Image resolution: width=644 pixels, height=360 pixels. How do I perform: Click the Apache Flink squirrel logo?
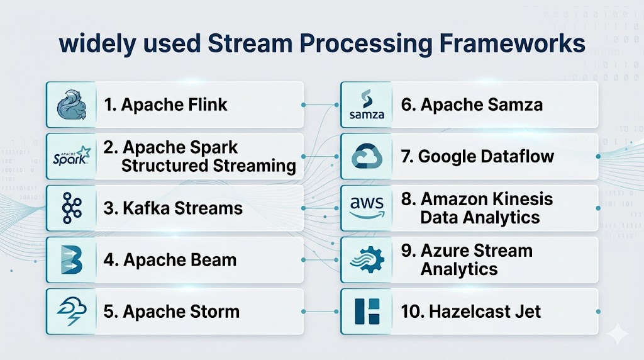pos(70,104)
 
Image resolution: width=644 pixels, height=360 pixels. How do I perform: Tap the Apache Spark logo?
pos(72,157)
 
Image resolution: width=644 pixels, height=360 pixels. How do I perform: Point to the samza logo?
pos(366,104)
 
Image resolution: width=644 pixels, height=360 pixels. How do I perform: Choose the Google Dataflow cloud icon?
pos(366,156)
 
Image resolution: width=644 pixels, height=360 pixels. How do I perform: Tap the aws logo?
pos(366,208)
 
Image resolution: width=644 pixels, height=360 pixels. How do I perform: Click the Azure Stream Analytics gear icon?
pos(366,260)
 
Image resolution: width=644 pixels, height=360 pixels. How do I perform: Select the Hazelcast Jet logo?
pos(366,311)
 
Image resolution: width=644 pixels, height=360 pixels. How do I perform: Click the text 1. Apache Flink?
pos(165,104)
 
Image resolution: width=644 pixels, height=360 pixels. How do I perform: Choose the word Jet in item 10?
pos(526,311)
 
